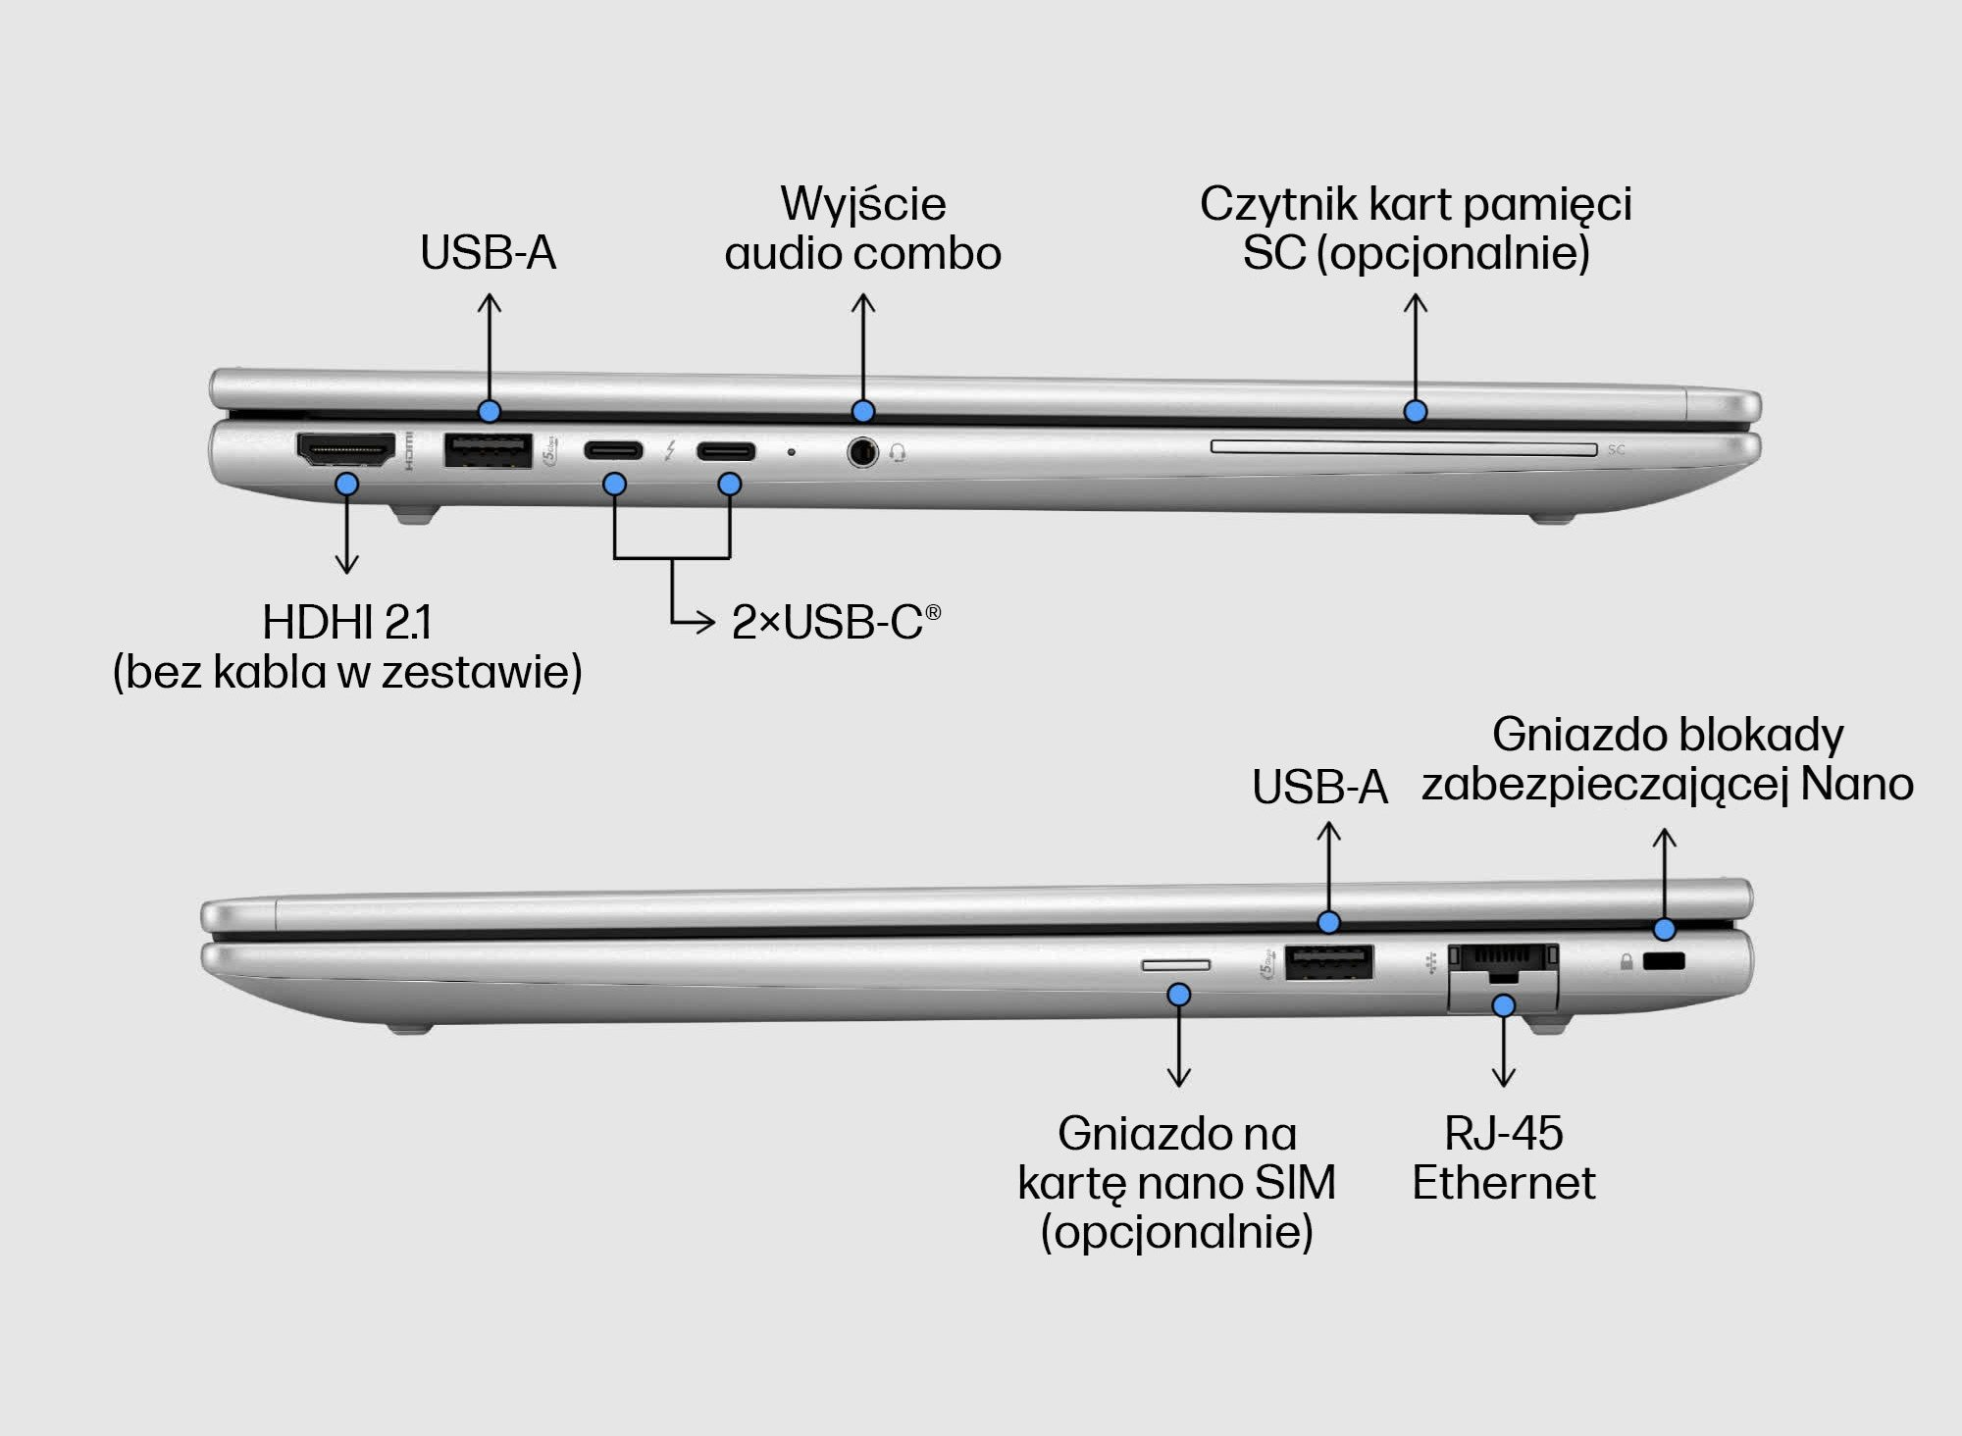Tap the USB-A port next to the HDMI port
click(488, 450)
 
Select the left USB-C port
click(614, 451)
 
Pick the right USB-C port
click(727, 451)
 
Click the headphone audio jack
click(861, 452)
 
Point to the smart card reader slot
click(1403, 448)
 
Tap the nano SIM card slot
click(1175, 965)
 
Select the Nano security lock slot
click(1663, 961)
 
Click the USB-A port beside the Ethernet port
click(1329, 961)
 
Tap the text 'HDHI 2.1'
click(346, 622)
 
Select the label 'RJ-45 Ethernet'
click(1503, 1157)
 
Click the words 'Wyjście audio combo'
click(862, 229)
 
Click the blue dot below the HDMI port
click(346, 484)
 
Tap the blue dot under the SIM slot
click(1179, 995)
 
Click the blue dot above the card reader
click(1415, 411)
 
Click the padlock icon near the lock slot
click(1626, 962)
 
